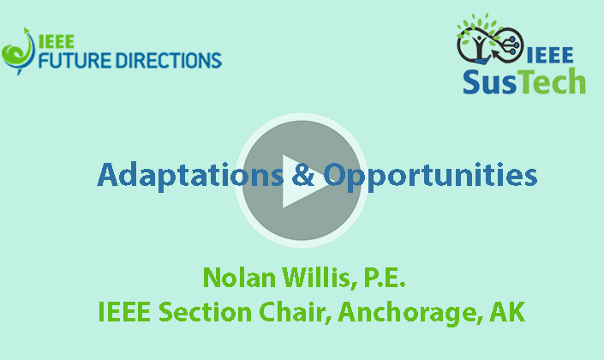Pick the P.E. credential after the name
[x=379, y=278]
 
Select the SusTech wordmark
[x=524, y=81]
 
